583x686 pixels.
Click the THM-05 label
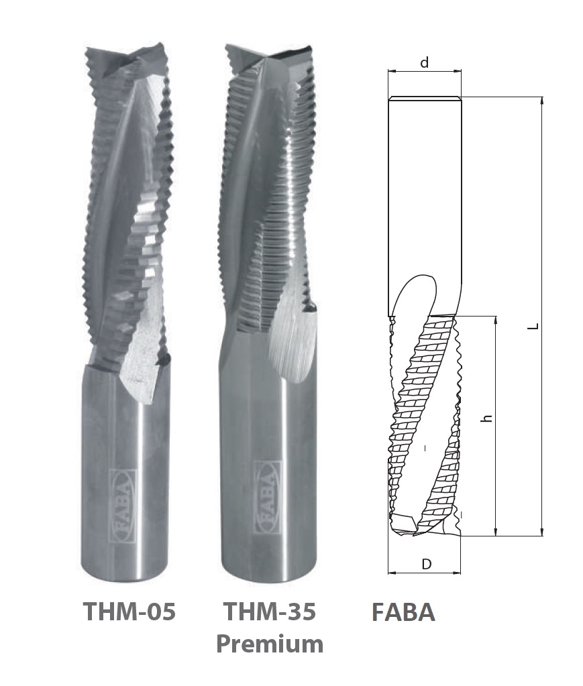129,611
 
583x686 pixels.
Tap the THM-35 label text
270,611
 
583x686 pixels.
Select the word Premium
270,644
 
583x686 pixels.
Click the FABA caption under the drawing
403,612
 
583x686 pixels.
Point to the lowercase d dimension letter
424,63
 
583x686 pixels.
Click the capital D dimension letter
426,565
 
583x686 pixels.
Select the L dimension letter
533,326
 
